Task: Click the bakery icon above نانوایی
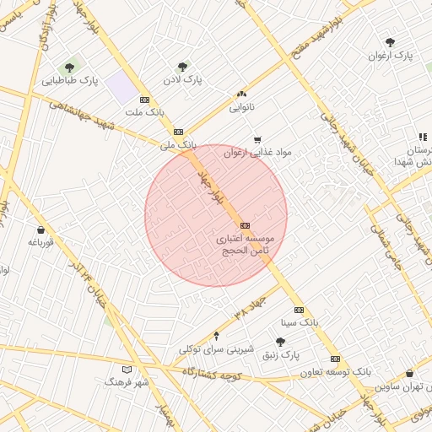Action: pos(242,94)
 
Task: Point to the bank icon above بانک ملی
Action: pos(178,132)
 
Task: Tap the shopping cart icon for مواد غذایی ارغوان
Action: pos(257,140)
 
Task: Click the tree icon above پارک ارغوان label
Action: pos(389,42)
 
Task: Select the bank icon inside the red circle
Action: pos(245,225)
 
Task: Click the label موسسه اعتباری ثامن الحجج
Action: pos(245,246)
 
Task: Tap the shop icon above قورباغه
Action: pos(40,229)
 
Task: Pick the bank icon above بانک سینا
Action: pos(299,310)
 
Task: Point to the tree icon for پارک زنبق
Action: pos(280,342)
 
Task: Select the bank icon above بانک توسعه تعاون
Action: pos(335,359)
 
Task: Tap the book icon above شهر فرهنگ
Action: pos(127,370)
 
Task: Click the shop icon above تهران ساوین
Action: pos(409,373)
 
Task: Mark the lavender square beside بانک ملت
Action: pos(122,87)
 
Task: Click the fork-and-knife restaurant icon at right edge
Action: pos(423,137)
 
